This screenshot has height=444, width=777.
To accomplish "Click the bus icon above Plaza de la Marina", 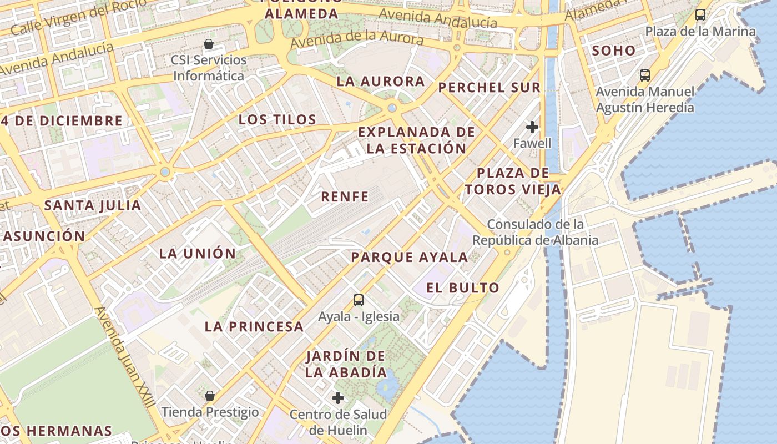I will click(x=700, y=15).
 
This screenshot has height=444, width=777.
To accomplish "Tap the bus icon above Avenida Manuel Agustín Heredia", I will click(x=644, y=75).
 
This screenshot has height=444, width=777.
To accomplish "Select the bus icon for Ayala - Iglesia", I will click(x=359, y=300).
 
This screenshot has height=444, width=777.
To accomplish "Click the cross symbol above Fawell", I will click(x=532, y=127).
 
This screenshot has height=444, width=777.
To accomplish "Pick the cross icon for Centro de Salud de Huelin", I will click(x=337, y=398).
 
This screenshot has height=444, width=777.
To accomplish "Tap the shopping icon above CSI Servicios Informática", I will click(x=209, y=44).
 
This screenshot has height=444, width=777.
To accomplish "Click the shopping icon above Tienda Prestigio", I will click(x=209, y=396).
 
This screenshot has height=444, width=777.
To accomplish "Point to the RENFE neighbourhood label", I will click(x=345, y=196).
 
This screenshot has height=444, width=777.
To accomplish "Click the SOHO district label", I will click(x=613, y=51).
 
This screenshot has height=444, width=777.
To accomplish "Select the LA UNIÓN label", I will click(x=198, y=254).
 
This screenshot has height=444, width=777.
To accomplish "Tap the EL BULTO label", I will click(x=463, y=287).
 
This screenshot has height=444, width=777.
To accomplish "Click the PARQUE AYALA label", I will click(x=410, y=257).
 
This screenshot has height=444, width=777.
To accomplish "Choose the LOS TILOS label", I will click(x=277, y=119).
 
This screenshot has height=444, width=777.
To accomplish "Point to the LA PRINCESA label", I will click(x=254, y=326).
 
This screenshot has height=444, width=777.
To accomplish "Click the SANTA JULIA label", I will click(x=93, y=205).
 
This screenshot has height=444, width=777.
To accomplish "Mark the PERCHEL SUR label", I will click(x=489, y=87).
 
